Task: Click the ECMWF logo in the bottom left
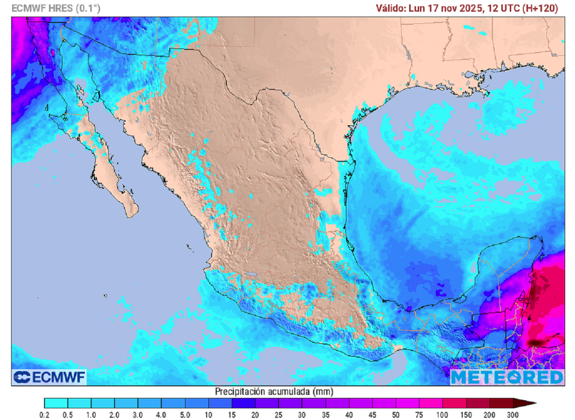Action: pos(49,377)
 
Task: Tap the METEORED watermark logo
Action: pos(506,377)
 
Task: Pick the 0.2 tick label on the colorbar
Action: pos(44,414)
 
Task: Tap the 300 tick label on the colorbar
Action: pos(513,414)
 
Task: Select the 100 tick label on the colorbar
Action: pos(442,414)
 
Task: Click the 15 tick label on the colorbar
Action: pos(231,414)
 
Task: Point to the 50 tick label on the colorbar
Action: pos(396,414)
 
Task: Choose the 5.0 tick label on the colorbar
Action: pos(185,414)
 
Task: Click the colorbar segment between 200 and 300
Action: pos(501,403)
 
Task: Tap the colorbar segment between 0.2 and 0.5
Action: pos(56,403)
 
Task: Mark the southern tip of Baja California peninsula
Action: pos(132,215)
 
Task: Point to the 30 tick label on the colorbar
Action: pos(302,414)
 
